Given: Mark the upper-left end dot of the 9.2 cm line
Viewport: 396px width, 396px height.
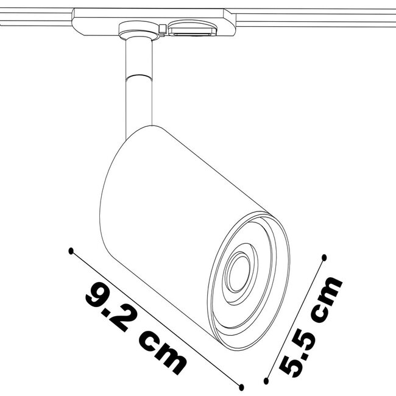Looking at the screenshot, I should coord(71,250).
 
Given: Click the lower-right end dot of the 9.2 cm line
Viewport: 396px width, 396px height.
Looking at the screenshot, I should coord(242,385).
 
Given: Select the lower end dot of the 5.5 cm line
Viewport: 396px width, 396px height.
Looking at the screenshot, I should coord(266,381).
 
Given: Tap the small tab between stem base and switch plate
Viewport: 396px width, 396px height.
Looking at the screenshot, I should coord(162,26).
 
